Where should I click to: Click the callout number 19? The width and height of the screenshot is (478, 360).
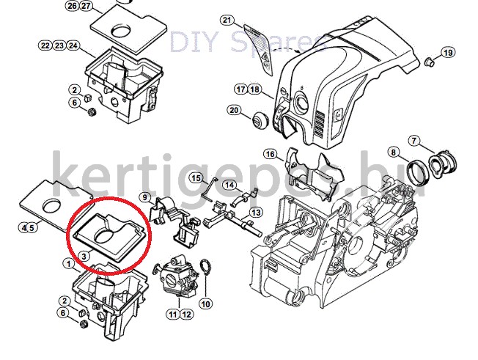[x=447, y=53]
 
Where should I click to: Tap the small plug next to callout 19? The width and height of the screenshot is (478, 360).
[x=429, y=62]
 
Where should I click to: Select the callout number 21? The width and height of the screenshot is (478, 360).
[x=227, y=21]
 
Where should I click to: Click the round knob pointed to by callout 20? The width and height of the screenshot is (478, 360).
[x=260, y=120]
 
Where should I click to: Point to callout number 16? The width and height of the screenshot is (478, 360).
[x=270, y=154]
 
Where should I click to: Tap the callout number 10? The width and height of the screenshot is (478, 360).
[x=206, y=304]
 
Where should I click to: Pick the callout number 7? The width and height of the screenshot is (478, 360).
[x=413, y=141]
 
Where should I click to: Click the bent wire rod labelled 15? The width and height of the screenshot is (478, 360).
[x=210, y=188]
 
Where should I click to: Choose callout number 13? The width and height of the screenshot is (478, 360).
[x=256, y=212]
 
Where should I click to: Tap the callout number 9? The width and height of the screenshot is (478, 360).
[x=145, y=197]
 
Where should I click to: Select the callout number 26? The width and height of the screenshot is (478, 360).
[x=73, y=5]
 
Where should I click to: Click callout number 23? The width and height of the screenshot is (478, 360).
[x=59, y=45]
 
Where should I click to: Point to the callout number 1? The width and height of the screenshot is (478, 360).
[x=69, y=264]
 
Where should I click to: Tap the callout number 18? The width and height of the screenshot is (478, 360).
[x=254, y=89]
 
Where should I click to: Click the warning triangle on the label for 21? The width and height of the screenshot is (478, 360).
[x=265, y=56]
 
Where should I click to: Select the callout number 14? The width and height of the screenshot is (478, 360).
[x=229, y=185]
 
